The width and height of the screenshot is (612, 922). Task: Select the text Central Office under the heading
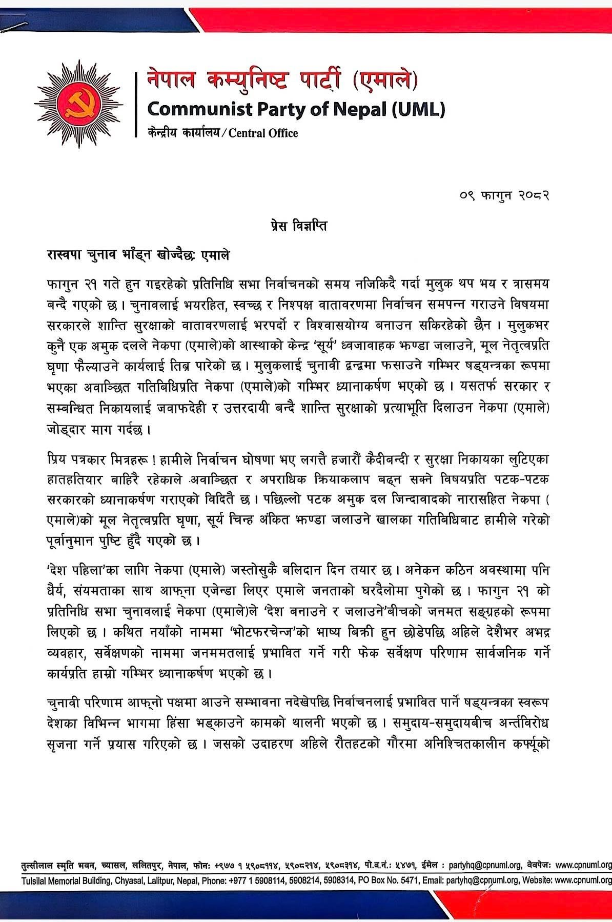263,134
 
